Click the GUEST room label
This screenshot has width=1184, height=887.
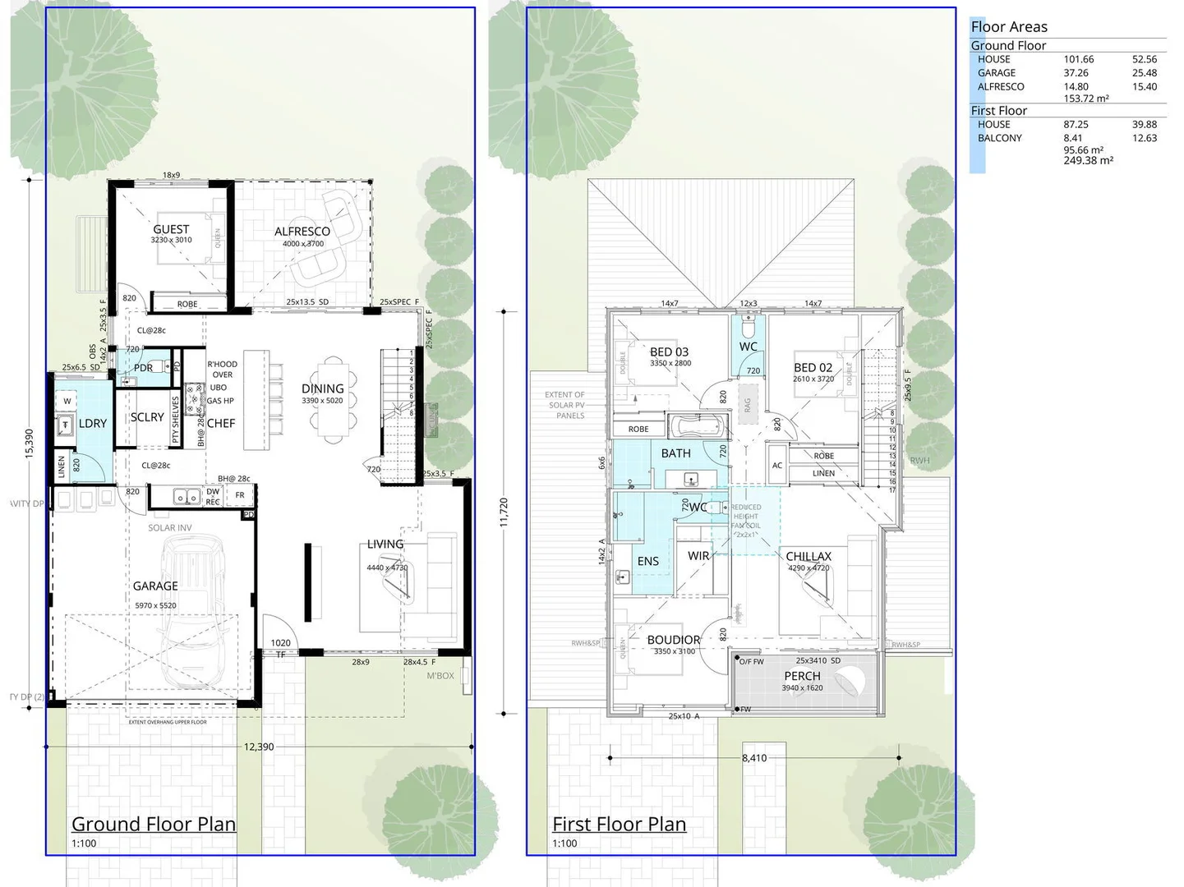(x=171, y=229)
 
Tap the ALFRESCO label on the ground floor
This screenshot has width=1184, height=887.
(x=302, y=232)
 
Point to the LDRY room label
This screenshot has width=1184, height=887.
(x=92, y=423)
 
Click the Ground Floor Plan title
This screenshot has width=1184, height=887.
(x=154, y=824)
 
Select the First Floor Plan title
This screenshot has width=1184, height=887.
(x=619, y=824)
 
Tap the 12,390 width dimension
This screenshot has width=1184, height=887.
(x=259, y=747)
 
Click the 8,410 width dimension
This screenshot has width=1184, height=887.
(x=753, y=758)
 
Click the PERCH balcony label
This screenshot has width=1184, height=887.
(x=802, y=676)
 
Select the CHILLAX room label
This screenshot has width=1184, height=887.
(x=809, y=556)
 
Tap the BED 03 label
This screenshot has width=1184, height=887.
(x=670, y=352)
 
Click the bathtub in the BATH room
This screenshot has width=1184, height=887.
(x=698, y=427)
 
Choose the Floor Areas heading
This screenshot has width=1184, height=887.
(x=1009, y=26)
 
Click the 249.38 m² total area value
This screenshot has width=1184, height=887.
(x=1088, y=161)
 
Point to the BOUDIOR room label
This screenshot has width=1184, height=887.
(x=674, y=640)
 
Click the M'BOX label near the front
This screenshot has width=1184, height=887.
(x=440, y=676)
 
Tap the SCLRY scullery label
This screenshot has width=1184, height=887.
(x=147, y=417)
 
